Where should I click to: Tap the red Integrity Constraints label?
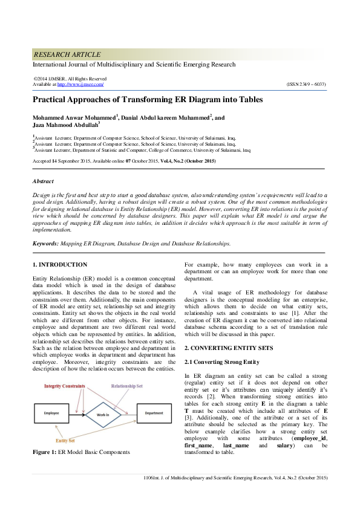(x=65, y=386)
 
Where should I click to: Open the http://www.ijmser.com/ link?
(x=80, y=84)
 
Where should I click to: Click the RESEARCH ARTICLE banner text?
(x=67, y=54)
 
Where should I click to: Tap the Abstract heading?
(x=43, y=181)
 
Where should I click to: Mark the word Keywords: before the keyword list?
(x=45, y=243)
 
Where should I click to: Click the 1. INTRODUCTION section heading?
(x=59, y=265)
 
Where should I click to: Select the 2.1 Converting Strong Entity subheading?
(x=222, y=361)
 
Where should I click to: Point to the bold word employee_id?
(x=309, y=421)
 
